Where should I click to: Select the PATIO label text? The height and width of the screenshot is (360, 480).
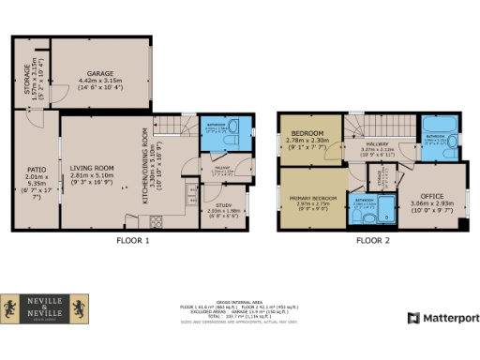37,170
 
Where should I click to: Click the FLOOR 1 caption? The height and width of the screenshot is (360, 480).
130,240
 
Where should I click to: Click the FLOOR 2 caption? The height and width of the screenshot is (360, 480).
373,240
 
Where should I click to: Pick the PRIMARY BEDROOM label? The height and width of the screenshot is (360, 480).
312,200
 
